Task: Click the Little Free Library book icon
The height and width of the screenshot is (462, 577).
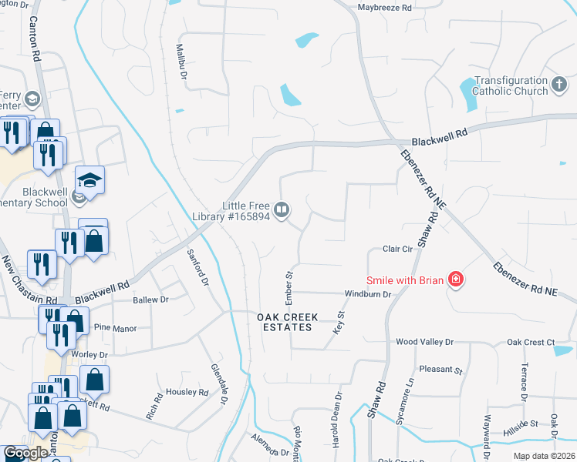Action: tap(283, 209)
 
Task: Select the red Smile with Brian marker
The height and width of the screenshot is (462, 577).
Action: tap(456, 279)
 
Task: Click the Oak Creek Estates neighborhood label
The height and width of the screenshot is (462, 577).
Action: tap(285, 322)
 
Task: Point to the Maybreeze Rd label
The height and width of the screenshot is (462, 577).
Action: tap(385, 8)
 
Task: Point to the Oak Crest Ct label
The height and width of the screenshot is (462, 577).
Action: tap(531, 342)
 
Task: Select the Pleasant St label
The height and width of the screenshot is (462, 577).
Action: tap(440, 370)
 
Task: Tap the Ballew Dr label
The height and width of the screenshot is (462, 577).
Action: tap(150, 300)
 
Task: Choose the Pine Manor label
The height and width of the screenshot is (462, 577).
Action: tap(115, 327)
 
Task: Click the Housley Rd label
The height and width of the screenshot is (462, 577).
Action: tap(188, 392)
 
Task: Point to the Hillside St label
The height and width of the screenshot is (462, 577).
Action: tap(522, 423)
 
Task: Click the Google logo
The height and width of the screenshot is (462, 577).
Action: tap(25, 454)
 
